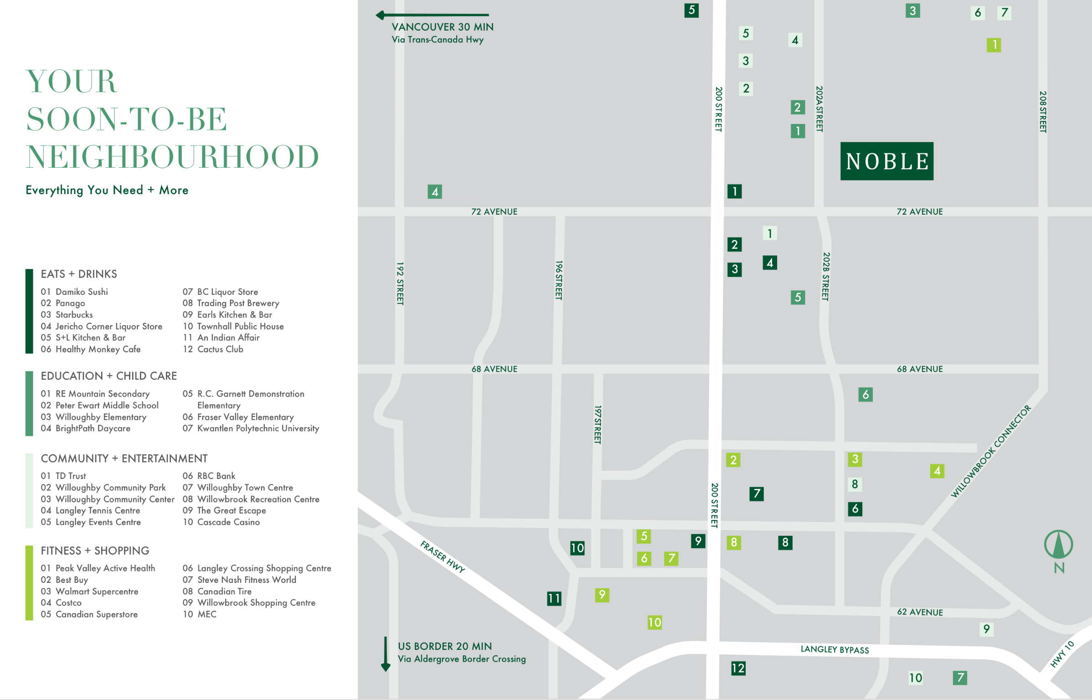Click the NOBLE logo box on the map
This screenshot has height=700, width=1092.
click(x=886, y=161)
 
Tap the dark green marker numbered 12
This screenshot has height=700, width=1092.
click(x=738, y=668)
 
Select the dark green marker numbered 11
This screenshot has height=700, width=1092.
click(x=554, y=598)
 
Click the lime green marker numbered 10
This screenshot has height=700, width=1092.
click(x=654, y=622)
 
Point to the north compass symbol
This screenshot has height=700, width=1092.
click(x=1058, y=545)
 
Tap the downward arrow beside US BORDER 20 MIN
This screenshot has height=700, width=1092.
click(x=386, y=654)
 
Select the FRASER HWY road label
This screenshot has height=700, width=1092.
click(x=442, y=556)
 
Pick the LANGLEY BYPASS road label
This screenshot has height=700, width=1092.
click(x=834, y=649)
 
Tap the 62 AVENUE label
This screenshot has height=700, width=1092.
click(x=920, y=612)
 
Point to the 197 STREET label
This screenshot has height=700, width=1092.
click(x=598, y=424)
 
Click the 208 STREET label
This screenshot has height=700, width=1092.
click(x=1043, y=112)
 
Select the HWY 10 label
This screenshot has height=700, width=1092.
click(x=1062, y=654)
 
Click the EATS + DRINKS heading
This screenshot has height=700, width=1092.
click(x=79, y=274)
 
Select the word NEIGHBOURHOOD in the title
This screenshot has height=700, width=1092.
click(x=172, y=157)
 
